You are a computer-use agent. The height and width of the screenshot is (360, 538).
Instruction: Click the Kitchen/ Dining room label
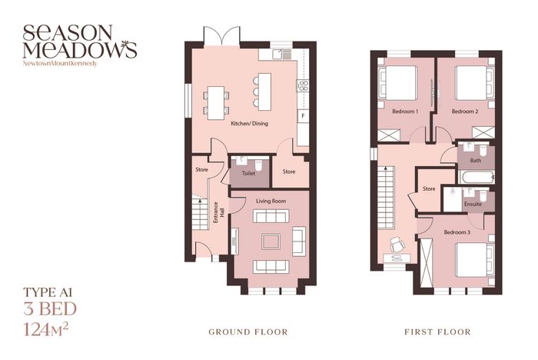pos(250,123)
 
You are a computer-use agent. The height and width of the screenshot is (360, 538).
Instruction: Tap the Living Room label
pos(271,201)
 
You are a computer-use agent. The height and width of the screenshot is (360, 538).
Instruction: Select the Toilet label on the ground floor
pos(248,174)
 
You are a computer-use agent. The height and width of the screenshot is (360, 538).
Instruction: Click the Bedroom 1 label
pos(405,112)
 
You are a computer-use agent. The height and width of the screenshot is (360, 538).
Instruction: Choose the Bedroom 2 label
pos(465,112)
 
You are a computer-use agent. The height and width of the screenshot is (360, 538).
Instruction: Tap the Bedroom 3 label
pos(457,232)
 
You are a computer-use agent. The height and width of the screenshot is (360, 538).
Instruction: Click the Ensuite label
pos(473,204)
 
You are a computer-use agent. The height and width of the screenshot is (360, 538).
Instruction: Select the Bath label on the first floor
pos(476,161)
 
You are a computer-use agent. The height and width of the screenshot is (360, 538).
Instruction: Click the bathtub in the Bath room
pos(477,177)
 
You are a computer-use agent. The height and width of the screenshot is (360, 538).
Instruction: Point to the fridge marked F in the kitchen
pos(303,116)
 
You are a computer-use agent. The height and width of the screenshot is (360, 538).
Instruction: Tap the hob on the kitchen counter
pos(303,85)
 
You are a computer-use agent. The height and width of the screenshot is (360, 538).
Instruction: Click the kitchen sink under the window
pos(282,54)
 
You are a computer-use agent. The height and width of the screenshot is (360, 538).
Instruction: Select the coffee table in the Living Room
pos(271,241)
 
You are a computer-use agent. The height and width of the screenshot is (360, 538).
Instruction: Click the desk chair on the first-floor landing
pos(397,245)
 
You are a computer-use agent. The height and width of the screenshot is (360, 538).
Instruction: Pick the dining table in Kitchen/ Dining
pos(216,103)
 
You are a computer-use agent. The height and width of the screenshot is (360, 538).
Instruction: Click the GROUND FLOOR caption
pos(248,332)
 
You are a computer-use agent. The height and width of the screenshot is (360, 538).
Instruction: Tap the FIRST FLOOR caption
pos(437,332)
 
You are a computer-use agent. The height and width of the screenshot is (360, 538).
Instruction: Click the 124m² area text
pos(45,329)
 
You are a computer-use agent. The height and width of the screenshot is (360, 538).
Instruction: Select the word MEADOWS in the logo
pos(80,49)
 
